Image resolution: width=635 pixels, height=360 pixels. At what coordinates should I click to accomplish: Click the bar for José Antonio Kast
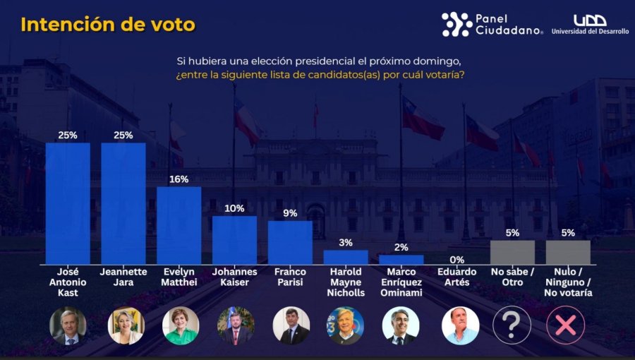coord(68,203)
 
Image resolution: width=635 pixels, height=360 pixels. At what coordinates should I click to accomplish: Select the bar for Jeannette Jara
coord(123,203)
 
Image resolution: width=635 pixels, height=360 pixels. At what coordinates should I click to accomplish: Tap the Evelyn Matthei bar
coord(179,225)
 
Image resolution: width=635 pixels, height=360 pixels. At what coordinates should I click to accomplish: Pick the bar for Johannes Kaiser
coord(234,240)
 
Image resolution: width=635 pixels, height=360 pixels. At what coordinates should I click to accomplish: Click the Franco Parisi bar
coord(290,242)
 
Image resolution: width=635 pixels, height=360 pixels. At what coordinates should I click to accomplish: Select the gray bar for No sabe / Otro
coord(512,252)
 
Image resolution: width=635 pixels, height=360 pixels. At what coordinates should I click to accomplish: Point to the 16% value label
coord(179,179)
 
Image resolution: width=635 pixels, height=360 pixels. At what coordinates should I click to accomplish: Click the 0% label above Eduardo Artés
coord(456,258)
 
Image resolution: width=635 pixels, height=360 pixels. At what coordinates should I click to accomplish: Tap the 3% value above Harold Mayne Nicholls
coord(346,243)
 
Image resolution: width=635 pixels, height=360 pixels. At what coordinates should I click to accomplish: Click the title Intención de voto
coord(108,25)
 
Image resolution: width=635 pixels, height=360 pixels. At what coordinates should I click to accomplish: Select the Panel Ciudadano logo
coord(492,24)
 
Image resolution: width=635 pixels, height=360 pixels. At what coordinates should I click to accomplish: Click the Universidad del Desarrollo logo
coord(590,25)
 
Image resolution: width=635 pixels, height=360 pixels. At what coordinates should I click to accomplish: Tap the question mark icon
coord(512,325)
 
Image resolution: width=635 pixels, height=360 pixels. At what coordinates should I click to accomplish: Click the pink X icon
coord(567,325)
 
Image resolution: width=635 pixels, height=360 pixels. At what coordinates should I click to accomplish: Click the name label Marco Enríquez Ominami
coord(401,282)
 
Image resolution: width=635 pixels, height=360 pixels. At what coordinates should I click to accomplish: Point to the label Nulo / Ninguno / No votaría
coord(568,282)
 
